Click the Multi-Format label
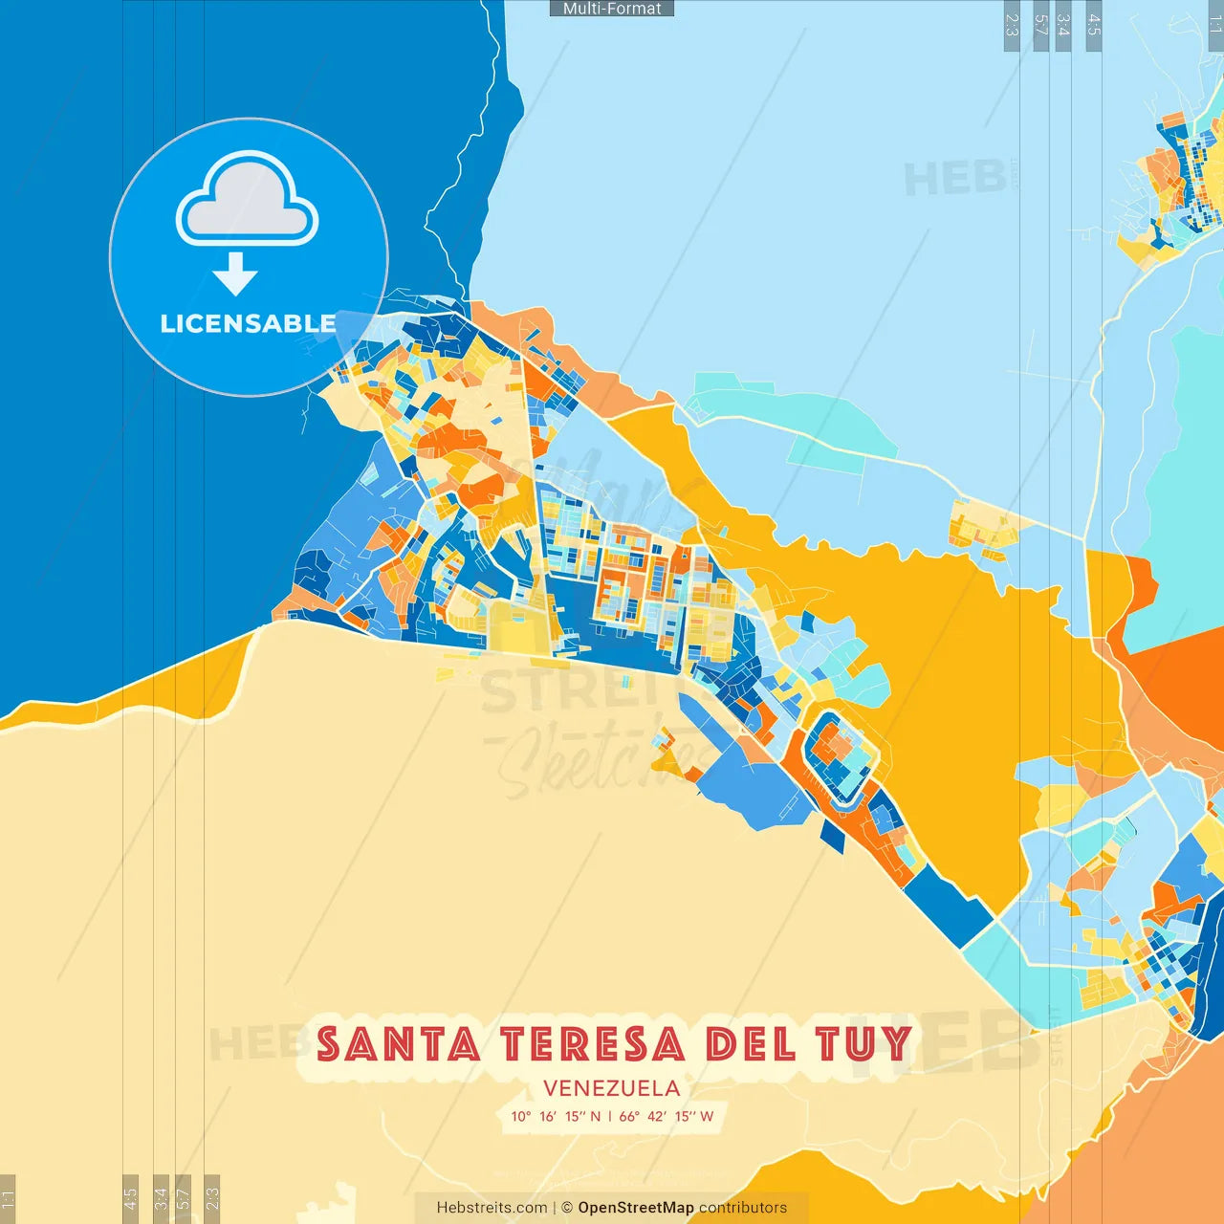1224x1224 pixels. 612,9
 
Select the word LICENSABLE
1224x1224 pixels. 248,324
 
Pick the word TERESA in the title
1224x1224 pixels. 593,1044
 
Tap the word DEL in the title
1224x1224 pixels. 751,1044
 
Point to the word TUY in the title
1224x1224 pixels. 863,1044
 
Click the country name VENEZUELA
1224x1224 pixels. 612,1088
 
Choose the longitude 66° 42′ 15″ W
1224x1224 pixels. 667,1116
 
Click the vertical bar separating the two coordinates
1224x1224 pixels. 610,1116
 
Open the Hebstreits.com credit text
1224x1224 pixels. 492,1208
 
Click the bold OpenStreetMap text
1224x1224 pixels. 636,1208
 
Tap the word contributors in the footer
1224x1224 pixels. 743,1208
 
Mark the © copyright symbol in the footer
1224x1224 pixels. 567,1208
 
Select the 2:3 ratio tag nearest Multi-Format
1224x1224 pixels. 1012,25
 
